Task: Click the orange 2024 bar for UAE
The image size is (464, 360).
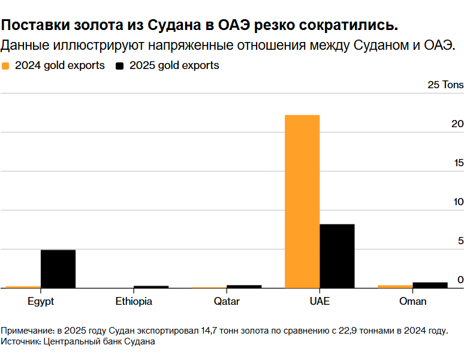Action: click(302, 201)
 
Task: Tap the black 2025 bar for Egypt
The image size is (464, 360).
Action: click(58, 268)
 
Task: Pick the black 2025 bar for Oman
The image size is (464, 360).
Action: click(430, 285)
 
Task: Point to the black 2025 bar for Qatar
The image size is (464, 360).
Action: click(244, 286)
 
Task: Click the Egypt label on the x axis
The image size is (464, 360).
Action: click(41, 301)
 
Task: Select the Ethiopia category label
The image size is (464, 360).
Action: click(134, 301)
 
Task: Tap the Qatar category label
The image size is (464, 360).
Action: click(227, 301)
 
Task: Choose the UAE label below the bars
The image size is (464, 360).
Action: click(320, 301)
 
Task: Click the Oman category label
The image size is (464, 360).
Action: click(412, 301)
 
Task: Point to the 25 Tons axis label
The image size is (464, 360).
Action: click(445, 85)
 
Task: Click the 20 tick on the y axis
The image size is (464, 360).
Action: click(457, 124)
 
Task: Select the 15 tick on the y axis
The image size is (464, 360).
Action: click(459, 163)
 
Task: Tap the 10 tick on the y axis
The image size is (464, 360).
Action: click(459, 202)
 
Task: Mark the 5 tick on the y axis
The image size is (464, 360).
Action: click(460, 241)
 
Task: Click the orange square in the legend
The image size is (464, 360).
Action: click(6, 65)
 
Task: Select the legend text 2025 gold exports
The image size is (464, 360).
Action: click(174, 65)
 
